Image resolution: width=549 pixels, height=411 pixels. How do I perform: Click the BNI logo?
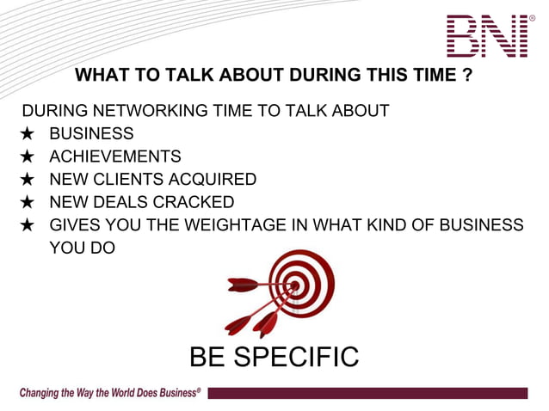coord(487,35)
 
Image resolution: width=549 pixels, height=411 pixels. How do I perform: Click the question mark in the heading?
coord(466,76)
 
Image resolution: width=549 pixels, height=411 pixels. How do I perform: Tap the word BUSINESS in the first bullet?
coord(91,133)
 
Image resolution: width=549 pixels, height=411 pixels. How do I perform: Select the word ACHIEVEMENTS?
coord(114,156)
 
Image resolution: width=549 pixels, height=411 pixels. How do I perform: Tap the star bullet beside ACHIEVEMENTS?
coord(28,156)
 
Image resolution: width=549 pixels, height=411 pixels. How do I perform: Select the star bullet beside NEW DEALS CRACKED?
coord(28,202)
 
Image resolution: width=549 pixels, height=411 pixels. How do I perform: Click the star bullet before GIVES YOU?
coord(28,225)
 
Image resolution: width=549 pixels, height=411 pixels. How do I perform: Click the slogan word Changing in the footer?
coord(42,393)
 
